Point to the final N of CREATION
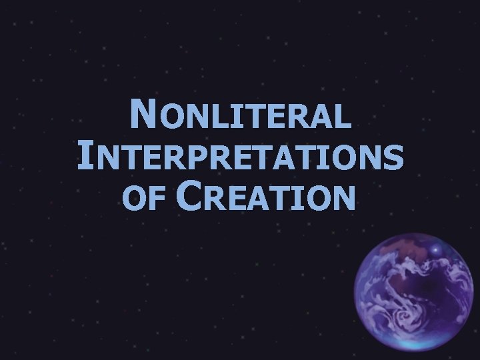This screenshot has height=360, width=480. pyautogui.click(x=343, y=198)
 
